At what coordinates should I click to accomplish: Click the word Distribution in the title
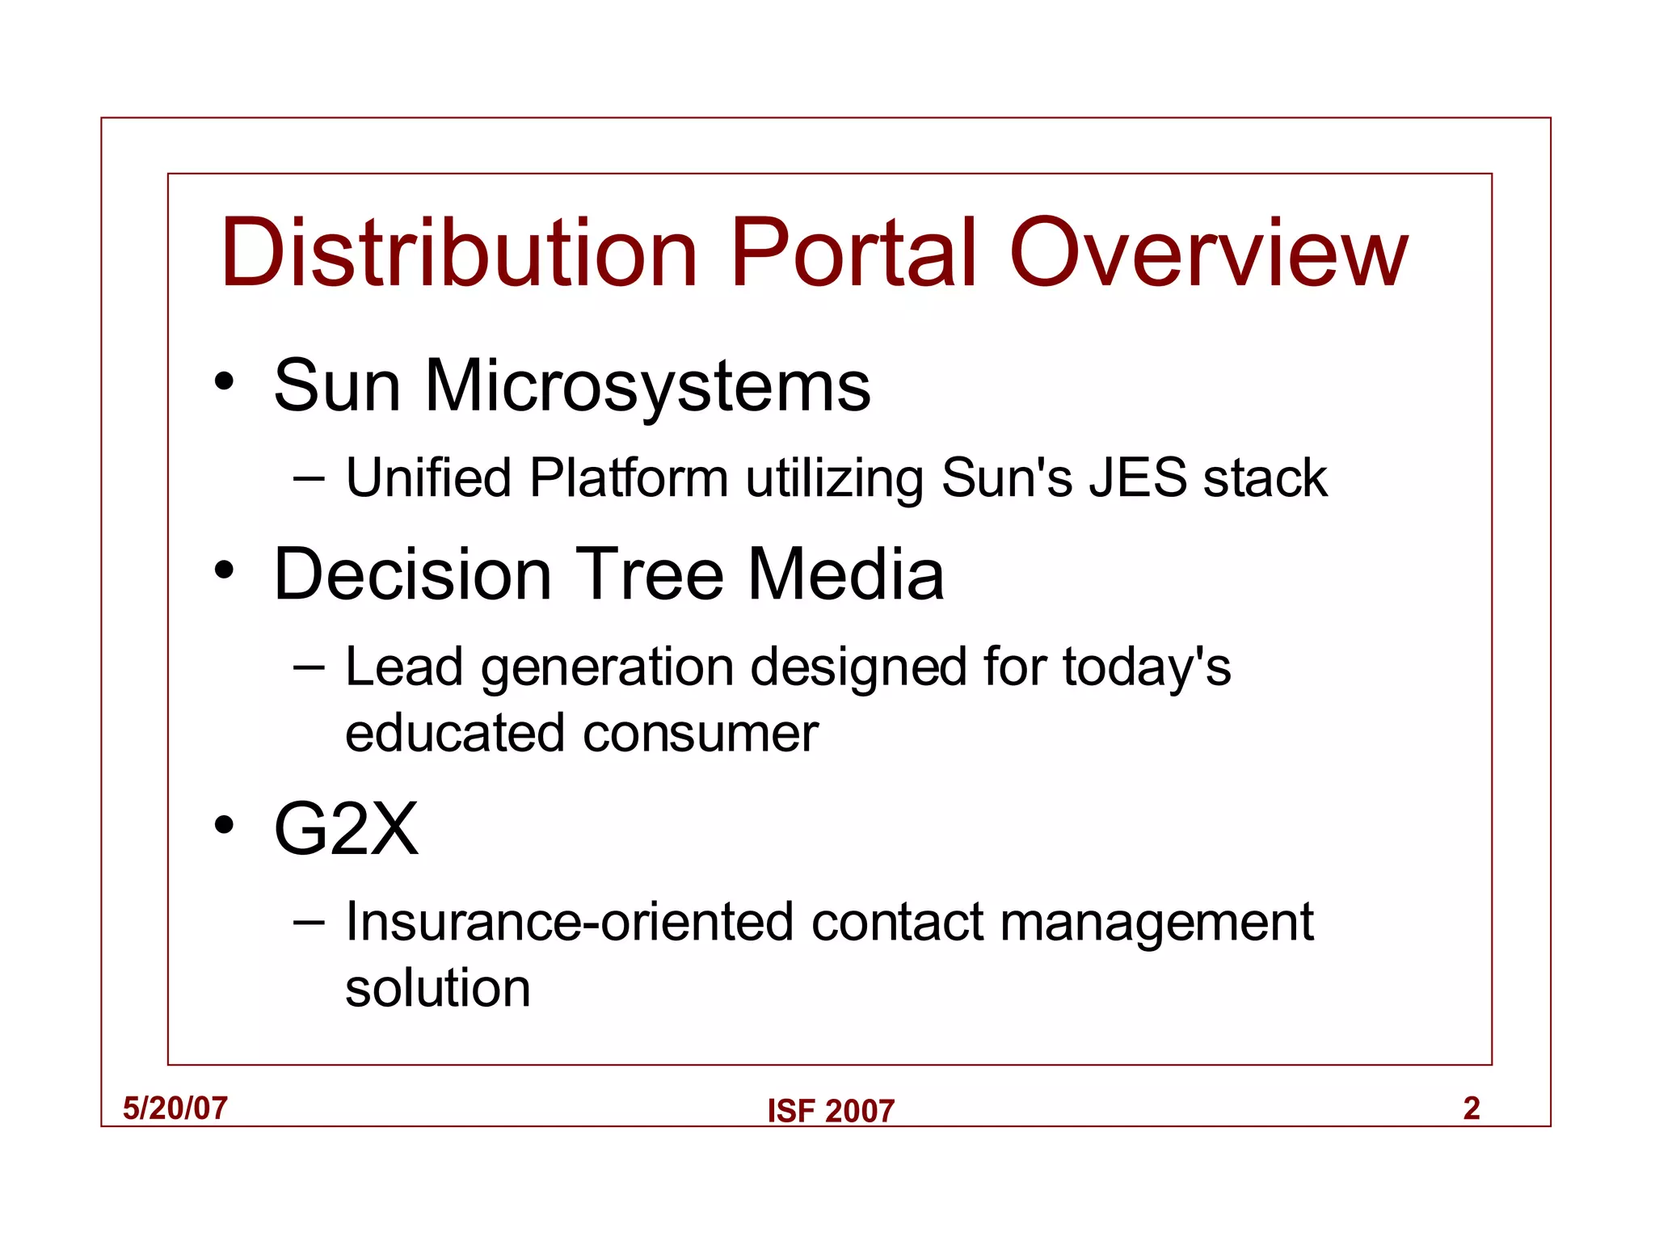click(458, 253)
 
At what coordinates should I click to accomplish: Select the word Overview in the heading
click(1209, 253)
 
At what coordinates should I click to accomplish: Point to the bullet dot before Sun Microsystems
click(224, 381)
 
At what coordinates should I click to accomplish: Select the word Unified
click(428, 477)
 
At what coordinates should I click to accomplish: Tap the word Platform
click(629, 477)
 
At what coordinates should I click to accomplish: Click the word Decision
click(412, 574)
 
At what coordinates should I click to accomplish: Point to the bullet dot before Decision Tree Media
click(224, 571)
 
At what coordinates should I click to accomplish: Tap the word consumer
click(701, 734)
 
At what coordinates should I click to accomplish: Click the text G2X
click(346, 829)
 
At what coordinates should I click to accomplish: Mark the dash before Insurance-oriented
click(309, 922)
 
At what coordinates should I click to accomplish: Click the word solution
click(437, 988)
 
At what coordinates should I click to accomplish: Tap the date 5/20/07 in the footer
click(175, 1108)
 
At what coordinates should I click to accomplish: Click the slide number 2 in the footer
click(1471, 1108)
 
